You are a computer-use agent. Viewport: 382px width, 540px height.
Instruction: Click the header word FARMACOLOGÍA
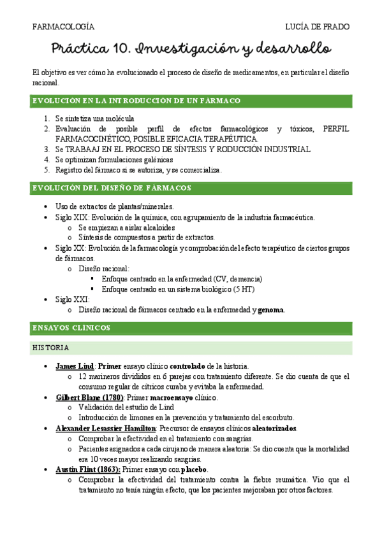(63, 27)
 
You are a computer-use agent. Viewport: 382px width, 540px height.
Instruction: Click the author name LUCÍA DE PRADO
(318, 27)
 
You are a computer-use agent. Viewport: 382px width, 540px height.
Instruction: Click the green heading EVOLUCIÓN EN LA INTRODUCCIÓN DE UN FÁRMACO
(136, 101)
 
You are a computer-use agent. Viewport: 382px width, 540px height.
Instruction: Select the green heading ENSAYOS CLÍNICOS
(71, 328)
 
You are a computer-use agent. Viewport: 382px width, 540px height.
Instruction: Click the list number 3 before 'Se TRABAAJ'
(47, 149)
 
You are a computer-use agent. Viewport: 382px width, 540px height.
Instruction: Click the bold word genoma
(271, 310)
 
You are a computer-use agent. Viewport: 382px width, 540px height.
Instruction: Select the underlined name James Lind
(75, 367)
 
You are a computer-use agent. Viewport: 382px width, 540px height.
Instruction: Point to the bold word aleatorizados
(265, 428)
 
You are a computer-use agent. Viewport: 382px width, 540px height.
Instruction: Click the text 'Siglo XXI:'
(72, 299)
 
